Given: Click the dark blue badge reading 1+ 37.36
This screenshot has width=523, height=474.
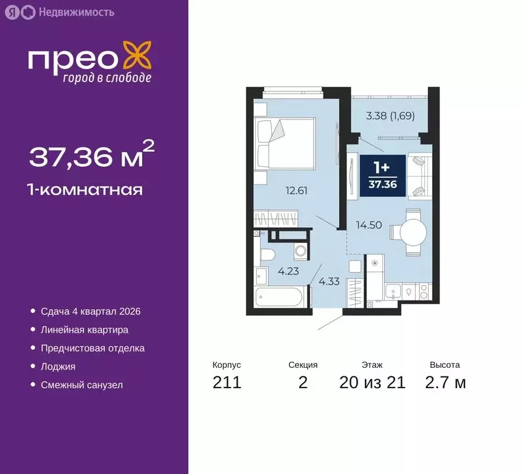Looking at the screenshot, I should coord(383,176).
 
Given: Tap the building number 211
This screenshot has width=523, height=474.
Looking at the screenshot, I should coord(227,383).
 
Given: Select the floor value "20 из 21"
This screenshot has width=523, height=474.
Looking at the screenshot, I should coord(372,383).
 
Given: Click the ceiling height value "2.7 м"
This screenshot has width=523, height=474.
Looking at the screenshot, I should coord(445,383).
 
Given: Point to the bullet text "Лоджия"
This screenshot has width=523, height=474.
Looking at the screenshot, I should coord(58,366).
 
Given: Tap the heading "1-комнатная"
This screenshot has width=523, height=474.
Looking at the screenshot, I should coord(86,189).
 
